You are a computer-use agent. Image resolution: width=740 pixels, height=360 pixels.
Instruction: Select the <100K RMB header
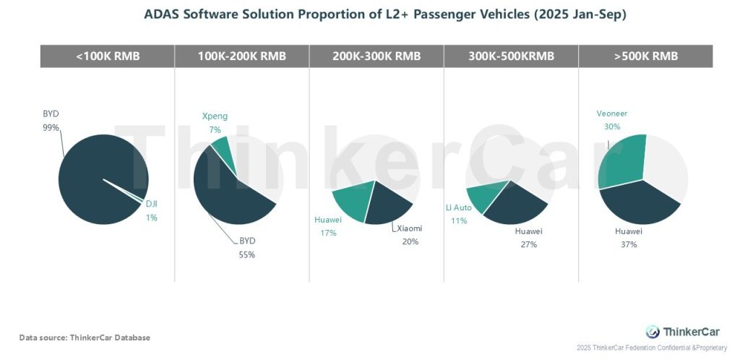point(107,56)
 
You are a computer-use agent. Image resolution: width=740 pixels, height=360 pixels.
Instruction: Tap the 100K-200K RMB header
point(241,56)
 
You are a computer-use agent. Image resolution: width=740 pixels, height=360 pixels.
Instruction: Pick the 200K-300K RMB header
point(376,56)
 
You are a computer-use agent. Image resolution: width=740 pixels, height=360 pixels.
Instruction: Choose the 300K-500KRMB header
point(510,56)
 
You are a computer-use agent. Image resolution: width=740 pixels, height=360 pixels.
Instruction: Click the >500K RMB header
point(645,56)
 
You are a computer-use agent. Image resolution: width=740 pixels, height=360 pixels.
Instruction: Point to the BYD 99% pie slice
point(94,173)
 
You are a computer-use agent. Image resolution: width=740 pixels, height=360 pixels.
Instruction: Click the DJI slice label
point(152,205)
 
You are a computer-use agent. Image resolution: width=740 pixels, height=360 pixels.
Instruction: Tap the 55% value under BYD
point(248,254)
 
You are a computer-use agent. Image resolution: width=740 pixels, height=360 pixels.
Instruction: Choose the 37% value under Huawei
point(629,244)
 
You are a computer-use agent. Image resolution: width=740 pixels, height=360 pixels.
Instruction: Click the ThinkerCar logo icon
point(653,332)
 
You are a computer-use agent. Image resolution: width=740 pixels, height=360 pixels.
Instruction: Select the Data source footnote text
point(85,338)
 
